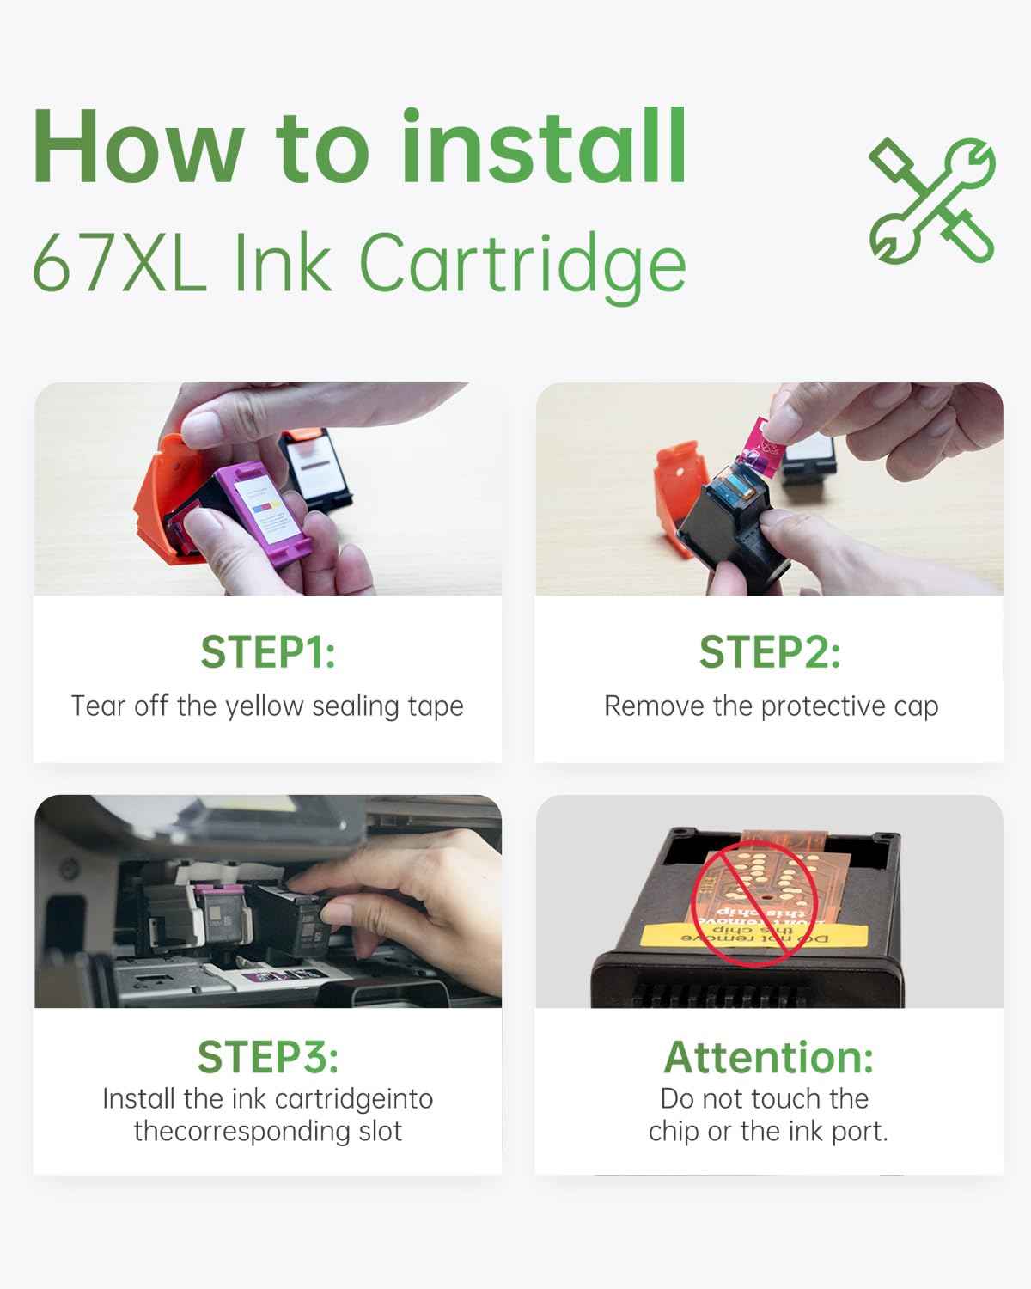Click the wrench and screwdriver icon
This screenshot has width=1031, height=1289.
pos(932,199)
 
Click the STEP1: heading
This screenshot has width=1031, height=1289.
pos(267,652)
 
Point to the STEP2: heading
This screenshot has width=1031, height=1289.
pos(769,652)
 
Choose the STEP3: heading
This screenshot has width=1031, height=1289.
pos(267,1057)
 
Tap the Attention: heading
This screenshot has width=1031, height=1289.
pos(769,1057)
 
